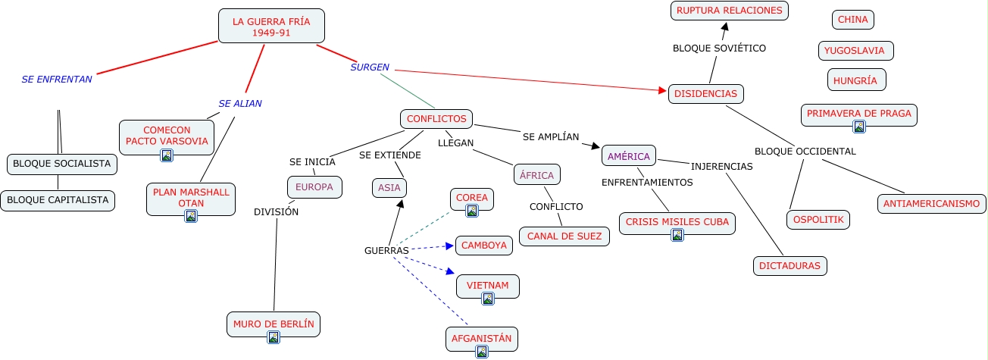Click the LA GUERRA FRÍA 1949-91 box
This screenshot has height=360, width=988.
coord(271,27)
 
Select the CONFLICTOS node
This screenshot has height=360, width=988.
coord(436,119)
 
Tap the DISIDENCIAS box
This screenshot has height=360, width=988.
coord(705,94)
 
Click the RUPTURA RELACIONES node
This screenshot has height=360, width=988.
coord(729,11)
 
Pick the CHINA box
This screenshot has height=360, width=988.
coord(852,20)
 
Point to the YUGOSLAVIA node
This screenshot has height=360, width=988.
coord(856,51)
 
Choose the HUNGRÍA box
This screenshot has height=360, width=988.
coord(856,80)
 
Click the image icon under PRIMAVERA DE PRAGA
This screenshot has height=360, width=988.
coord(859,127)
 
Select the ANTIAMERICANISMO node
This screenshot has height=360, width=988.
coord(931,203)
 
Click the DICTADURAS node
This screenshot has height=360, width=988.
coord(790,266)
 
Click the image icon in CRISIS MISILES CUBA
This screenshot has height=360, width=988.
coord(677,235)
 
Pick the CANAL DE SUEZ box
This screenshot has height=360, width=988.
coord(564,236)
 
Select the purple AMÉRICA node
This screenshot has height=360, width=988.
coord(628,156)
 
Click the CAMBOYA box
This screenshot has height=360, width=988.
coord(484,246)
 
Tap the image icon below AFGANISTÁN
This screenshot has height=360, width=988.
coord(482,351)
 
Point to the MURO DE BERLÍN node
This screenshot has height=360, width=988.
coord(274,324)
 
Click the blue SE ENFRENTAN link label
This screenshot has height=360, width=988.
coord(57,79)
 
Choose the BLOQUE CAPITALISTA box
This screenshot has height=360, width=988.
coord(58,201)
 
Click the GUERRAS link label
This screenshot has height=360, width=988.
coord(386,250)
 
